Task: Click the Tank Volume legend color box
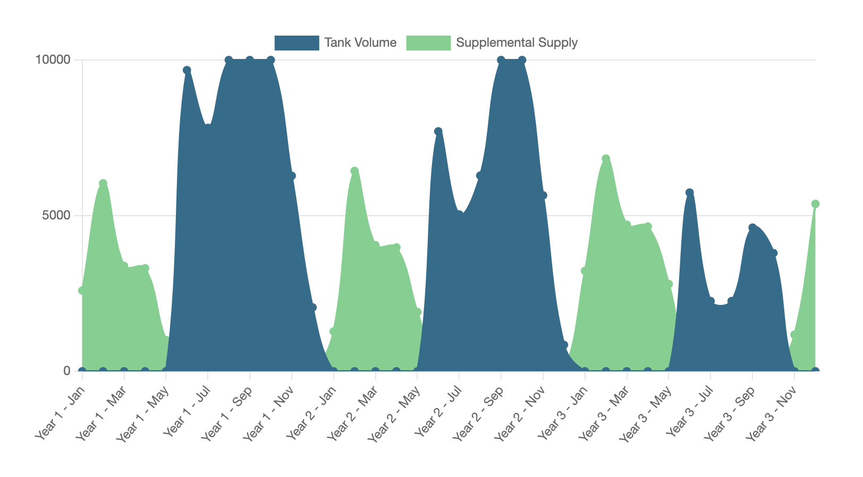tap(297, 43)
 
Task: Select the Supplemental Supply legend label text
tap(517, 43)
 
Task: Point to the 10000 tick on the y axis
tap(53, 60)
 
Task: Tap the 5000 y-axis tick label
tap(56, 216)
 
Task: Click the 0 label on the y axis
tap(67, 371)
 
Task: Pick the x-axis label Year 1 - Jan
tap(60, 412)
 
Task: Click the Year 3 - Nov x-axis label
tap(771, 412)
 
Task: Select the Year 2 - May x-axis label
tap(394, 412)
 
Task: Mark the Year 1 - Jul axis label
tap(185, 412)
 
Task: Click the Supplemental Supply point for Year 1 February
tap(103, 183)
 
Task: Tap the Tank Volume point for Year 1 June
tap(187, 70)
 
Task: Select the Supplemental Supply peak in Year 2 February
tap(354, 171)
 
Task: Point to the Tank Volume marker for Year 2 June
tap(438, 131)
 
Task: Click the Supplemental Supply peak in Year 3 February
tap(606, 159)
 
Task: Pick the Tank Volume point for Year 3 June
tap(690, 192)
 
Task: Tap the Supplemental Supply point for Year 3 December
tap(815, 204)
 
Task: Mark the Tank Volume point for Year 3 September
tap(752, 228)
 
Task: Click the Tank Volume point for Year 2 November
tap(543, 195)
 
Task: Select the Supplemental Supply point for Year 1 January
tap(82, 291)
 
